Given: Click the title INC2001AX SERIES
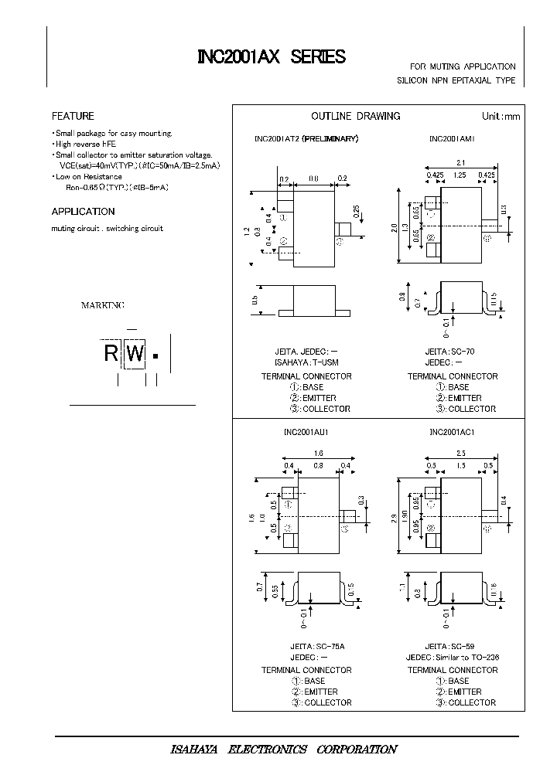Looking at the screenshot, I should click(271, 57).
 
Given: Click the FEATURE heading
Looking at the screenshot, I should click(73, 116).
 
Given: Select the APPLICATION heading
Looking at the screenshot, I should click(83, 211).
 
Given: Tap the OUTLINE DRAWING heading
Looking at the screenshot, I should click(355, 116).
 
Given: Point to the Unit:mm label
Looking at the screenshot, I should click(501, 116).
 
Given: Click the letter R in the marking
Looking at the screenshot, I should click(111, 355).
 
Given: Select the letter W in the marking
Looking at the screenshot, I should click(135, 355).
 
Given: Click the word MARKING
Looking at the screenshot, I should click(103, 306).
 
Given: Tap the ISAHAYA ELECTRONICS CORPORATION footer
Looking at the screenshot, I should click(283, 750).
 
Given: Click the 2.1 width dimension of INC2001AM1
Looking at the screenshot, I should click(460, 162).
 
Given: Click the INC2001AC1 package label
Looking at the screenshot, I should click(452, 433).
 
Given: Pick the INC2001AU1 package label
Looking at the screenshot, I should click(307, 433).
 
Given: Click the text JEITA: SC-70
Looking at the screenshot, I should click(449, 352).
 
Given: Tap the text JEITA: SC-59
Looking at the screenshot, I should click(449, 645).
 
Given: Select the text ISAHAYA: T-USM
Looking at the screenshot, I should click(306, 362).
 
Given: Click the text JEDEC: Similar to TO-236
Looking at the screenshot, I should click(452, 657).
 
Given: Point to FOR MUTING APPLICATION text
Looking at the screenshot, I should click(463, 67).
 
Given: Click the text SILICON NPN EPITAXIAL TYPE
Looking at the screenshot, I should click(456, 80).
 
